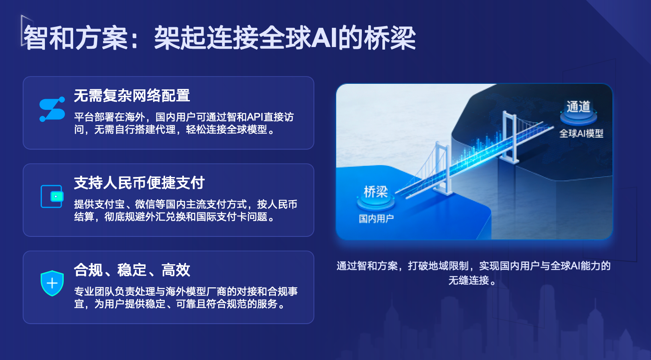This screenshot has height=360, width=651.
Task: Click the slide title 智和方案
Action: (76, 38)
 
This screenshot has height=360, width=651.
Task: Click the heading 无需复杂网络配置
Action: (132, 95)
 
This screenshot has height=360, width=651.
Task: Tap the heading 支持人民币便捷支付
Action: (139, 183)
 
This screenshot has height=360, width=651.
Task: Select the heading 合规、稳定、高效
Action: (132, 270)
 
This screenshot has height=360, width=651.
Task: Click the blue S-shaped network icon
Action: (52, 109)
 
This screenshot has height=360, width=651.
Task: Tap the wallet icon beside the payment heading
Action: (52, 196)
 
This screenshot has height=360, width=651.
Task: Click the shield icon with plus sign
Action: (52, 283)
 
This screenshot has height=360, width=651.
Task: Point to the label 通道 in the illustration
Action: (578, 106)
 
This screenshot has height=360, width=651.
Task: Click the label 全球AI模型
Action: (581, 133)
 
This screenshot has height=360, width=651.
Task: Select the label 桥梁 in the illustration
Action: (376, 192)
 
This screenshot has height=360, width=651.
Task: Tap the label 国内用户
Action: (376, 218)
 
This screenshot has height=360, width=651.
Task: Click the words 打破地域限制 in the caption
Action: (438, 266)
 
